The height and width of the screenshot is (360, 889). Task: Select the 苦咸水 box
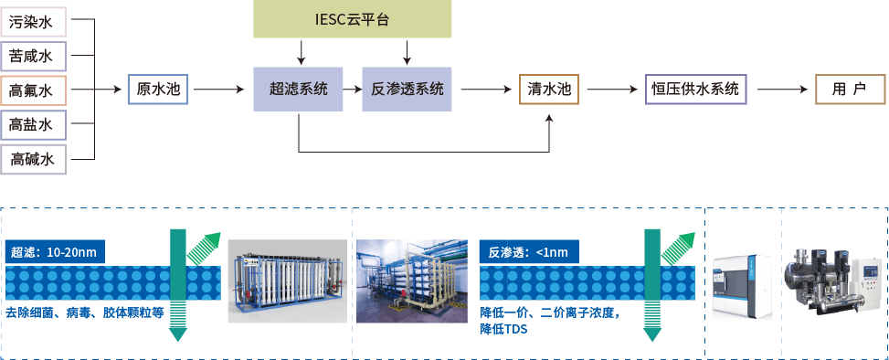tap(32, 55)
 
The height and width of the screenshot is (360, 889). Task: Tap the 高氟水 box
tap(32, 90)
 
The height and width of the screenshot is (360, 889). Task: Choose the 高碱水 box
tap(32, 160)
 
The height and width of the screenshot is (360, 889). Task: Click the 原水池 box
tap(157, 90)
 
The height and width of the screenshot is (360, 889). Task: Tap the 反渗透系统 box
tap(407, 90)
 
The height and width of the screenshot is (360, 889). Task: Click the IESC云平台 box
tap(353, 20)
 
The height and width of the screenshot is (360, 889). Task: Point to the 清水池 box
tap(548, 90)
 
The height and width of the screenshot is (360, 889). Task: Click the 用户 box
tap(849, 90)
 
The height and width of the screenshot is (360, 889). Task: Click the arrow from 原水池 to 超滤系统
tap(219, 90)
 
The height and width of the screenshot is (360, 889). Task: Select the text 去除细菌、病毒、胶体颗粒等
tap(84, 313)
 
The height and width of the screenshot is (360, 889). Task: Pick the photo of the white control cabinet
tap(743, 284)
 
